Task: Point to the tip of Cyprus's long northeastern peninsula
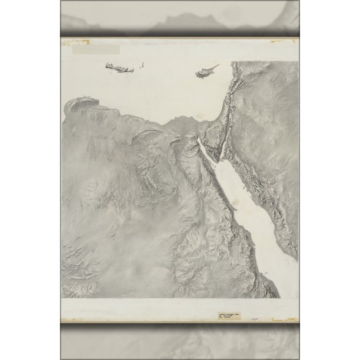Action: pos(218,65)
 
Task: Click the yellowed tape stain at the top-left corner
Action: pos(79,42)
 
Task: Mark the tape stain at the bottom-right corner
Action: pos(289,321)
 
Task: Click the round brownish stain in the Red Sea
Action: pos(235,204)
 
